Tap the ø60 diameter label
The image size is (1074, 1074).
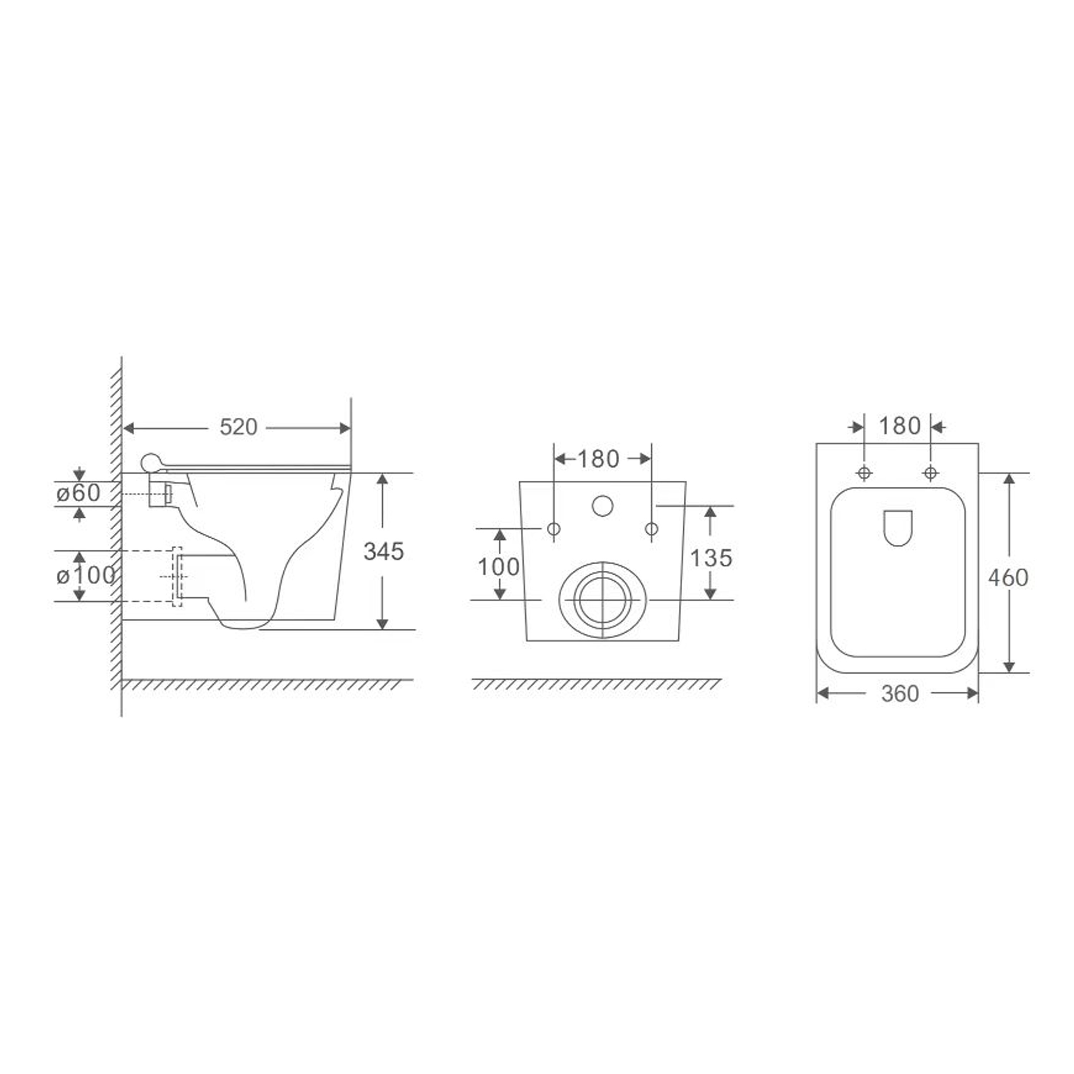(x=78, y=493)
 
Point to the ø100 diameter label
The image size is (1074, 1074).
(x=86, y=576)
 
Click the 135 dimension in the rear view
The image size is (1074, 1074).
(x=711, y=558)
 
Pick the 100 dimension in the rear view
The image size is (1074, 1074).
(x=499, y=567)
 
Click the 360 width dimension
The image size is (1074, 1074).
(x=900, y=694)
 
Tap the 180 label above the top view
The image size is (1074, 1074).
(x=899, y=426)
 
